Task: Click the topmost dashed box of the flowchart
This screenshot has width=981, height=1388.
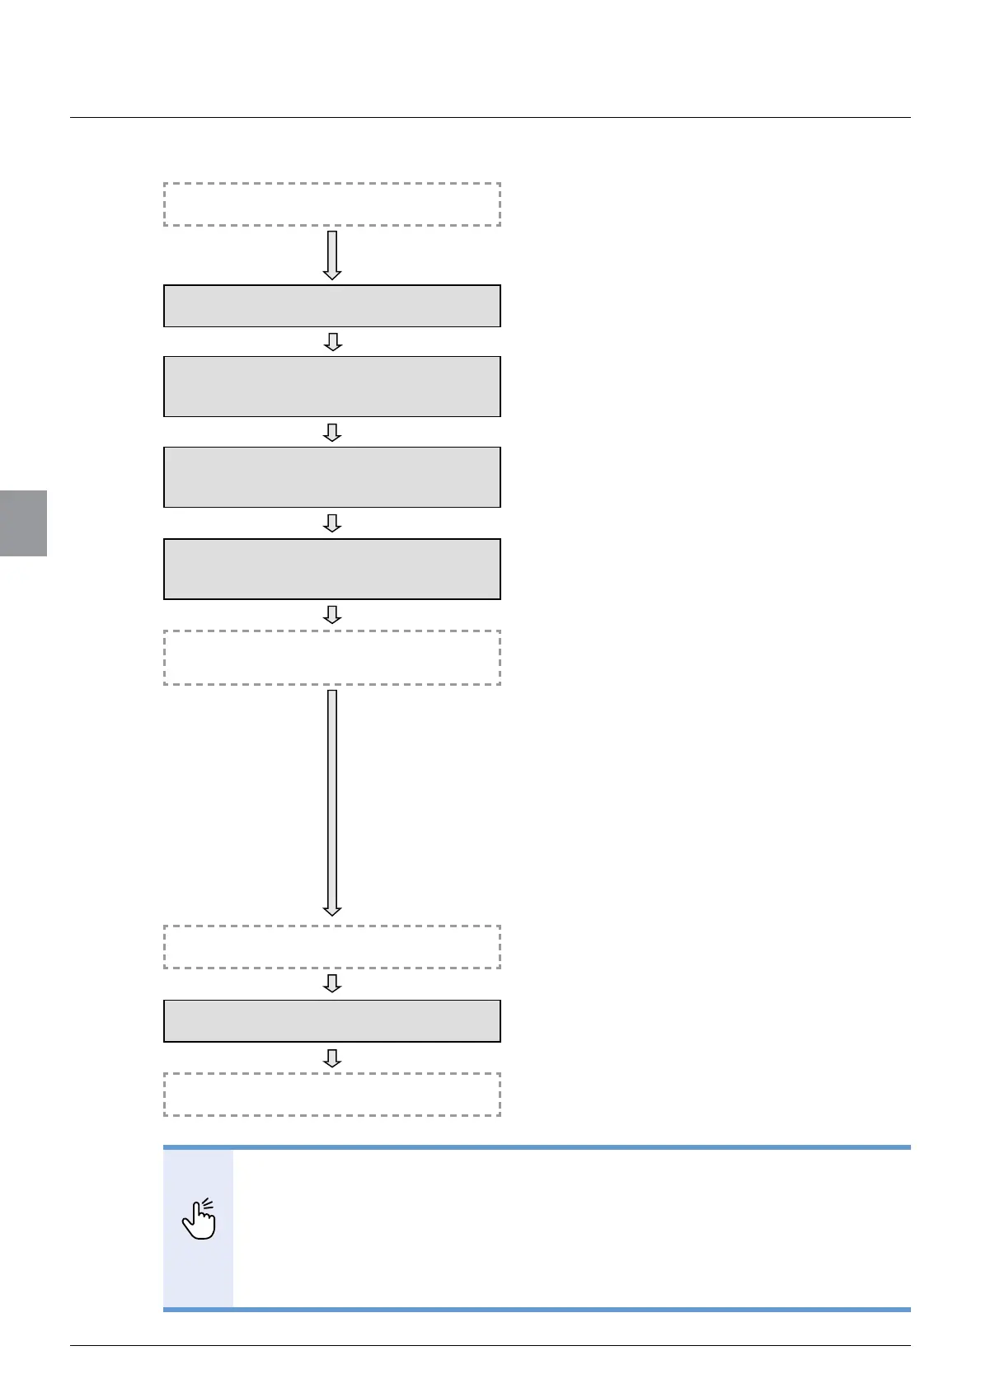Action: pyautogui.click(x=332, y=204)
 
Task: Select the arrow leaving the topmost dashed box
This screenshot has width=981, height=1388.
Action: pyautogui.click(x=332, y=255)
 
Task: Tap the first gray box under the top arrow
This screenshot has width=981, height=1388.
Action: pyautogui.click(x=332, y=306)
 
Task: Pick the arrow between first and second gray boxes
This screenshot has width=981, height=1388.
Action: pyautogui.click(x=332, y=342)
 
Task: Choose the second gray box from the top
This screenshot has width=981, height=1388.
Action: pyautogui.click(x=332, y=387)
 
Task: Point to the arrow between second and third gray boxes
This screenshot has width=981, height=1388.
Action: pyautogui.click(x=332, y=433)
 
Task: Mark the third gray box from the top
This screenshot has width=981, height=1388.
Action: pyautogui.click(x=332, y=477)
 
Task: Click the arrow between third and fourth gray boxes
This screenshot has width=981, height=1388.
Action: pyautogui.click(x=332, y=523)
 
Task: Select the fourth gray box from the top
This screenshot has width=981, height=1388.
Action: pyautogui.click(x=332, y=569)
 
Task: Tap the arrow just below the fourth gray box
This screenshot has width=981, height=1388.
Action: pyautogui.click(x=332, y=615)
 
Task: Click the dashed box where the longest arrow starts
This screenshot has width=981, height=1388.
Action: pyautogui.click(x=332, y=658)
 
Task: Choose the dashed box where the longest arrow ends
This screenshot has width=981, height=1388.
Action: pyautogui.click(x=332, y=946)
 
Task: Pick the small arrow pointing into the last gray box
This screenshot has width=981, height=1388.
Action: pyautogui.click(x=332, y=983)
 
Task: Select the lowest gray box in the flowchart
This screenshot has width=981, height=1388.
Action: pyautogui.click(x=332, y=1021)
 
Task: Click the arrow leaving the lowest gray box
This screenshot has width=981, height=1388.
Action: pyautogui.click(x=332, y=1057)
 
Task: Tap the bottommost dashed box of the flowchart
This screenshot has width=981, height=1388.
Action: pyautogui.click(x=332, y=1095)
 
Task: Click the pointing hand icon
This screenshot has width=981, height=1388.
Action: pyautogui.click(x=199, y=1219)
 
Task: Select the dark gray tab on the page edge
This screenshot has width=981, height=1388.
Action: pyautogui.click(x=23, y=523)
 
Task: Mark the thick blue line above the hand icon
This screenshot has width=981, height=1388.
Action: pyautogui.click(x=537, y=1147)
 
